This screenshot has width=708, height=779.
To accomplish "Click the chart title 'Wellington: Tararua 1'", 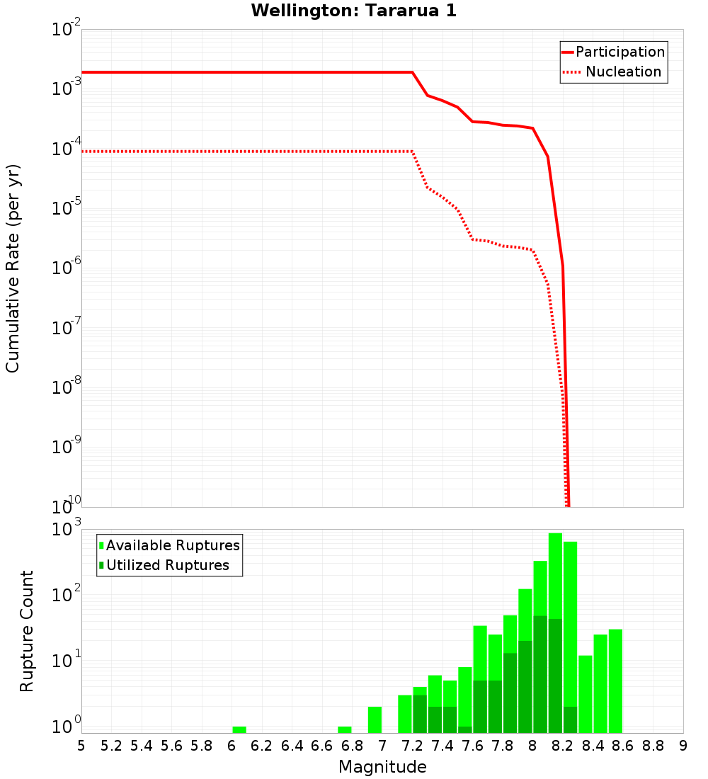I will coord(348,11).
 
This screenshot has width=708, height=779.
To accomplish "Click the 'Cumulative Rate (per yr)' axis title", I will coord(13,268).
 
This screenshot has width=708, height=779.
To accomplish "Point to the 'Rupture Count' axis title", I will coord(27,631).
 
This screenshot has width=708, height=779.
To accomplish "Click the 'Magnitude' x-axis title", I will coord(382,767).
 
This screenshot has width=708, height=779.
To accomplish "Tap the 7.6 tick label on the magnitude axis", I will coord(473,745).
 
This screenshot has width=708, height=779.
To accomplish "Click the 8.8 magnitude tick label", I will coord(653,745).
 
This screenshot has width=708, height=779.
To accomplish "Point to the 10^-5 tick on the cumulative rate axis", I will coord(68,208).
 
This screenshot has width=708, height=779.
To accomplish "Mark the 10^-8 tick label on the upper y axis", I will coord(68,387).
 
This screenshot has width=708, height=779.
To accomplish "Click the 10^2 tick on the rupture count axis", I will coord(68,593).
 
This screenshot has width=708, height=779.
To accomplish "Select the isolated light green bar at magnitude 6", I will coord(239,729).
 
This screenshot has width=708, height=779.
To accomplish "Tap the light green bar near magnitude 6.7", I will coord(345,729).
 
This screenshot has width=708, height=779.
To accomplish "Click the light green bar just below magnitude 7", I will coord(375,720).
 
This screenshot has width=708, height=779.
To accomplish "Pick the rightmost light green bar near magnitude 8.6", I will coord(615,680).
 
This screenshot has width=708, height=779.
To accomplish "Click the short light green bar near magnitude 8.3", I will coord(586,694).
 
